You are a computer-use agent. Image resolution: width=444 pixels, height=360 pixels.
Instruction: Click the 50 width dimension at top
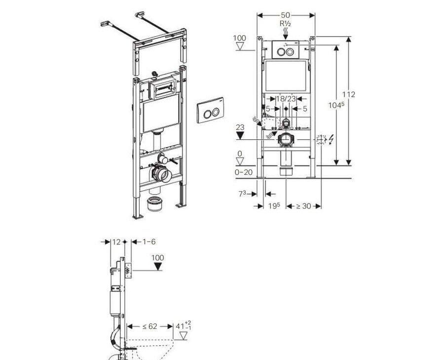[286, 15]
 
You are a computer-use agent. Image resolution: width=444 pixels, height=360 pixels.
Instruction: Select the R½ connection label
[286, 23]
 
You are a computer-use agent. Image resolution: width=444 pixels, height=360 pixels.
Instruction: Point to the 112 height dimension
[349, 94]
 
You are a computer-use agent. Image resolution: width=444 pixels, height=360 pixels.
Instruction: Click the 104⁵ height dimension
[336, 105]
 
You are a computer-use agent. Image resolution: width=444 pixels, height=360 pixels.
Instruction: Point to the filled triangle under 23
[241, 136]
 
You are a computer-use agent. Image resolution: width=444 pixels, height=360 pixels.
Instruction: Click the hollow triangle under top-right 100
[241, 47]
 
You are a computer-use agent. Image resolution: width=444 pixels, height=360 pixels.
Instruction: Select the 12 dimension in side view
[116, 241]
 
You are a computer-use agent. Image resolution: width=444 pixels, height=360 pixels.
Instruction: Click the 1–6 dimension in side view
[149, 241]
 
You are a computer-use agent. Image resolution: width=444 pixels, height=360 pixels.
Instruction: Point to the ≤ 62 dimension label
[150, 326]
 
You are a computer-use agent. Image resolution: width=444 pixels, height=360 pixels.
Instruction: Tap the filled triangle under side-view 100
[158, 267]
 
